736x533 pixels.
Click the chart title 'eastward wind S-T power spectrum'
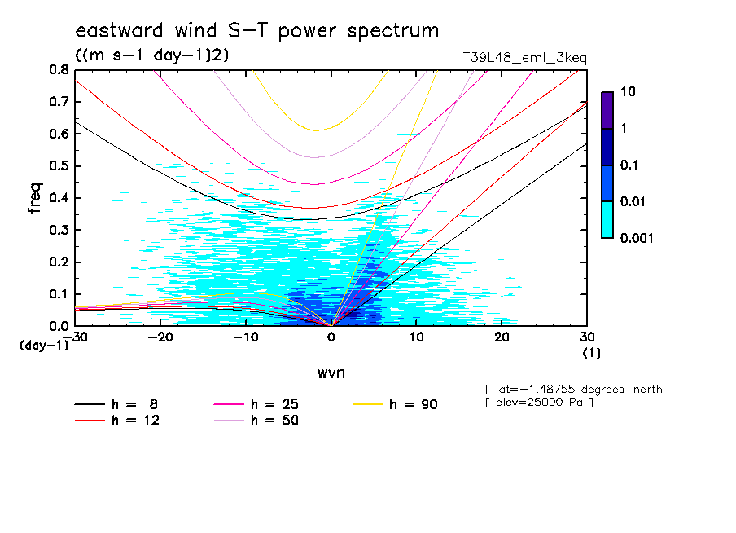click(x=257, y=31)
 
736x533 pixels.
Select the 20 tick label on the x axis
click(x=502, y=337)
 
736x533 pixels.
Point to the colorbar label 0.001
click(x=637, y=238)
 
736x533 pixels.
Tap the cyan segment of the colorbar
click(x=607, y=219)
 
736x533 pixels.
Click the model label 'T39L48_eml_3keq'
click(x=524, y=58)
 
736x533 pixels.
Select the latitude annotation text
click(x=579, y=389)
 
